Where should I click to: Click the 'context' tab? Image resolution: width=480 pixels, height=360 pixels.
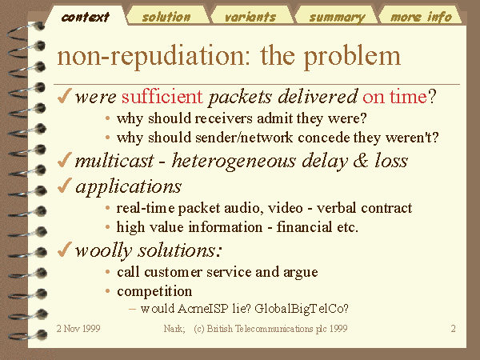[85, 17]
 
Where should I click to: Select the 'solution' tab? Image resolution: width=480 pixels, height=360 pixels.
[166, 17]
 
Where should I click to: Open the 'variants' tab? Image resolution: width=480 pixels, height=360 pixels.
[250, 17]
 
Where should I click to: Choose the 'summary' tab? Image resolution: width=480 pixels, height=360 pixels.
[337, 17]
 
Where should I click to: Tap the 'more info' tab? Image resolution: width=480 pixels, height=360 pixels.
[421, 17]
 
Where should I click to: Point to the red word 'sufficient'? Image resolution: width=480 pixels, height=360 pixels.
[162, 97]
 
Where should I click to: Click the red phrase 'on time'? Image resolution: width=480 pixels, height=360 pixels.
[394, 97]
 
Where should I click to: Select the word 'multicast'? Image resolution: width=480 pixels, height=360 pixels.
[114, 161]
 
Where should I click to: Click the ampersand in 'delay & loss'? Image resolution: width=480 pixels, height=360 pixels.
[361, 161]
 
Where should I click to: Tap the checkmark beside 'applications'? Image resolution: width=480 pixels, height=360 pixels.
[64, 186]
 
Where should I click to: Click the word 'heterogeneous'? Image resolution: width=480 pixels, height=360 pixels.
[234, 162]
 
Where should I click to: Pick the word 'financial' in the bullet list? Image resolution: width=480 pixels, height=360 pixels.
[304, 227]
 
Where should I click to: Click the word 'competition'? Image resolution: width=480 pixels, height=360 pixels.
[154, 291]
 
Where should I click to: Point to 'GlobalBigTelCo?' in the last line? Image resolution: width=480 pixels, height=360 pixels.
[302, 309]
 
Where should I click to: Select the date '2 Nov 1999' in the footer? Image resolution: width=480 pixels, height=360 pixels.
[78, 329]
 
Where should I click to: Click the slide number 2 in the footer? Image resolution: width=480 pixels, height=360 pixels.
[453, 329]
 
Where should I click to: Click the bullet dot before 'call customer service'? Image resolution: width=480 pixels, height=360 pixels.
[107, 272]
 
